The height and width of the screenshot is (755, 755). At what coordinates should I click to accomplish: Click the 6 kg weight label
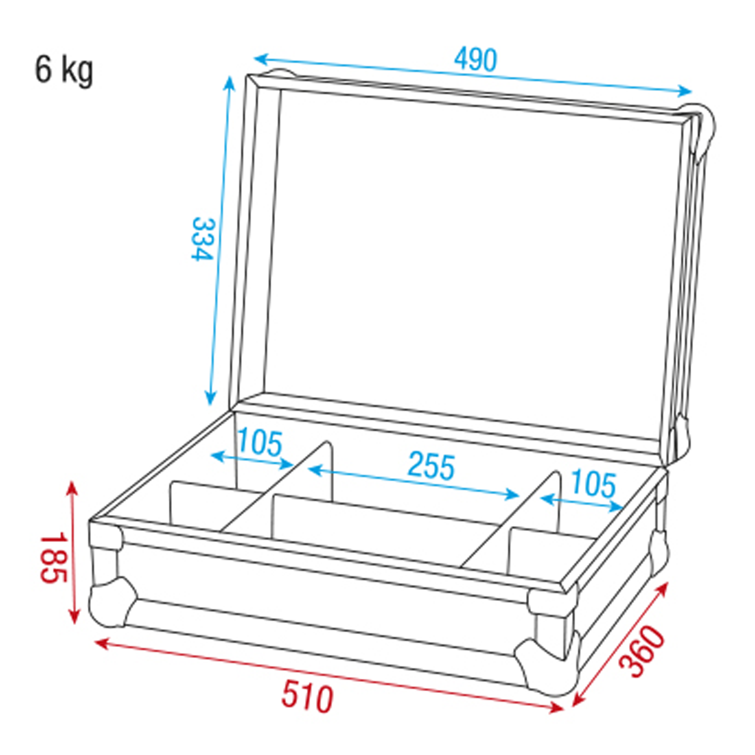point(64,71)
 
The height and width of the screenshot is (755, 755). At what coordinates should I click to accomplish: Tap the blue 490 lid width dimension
point(475,59)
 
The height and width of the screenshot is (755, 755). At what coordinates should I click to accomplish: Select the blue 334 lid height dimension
point(203,239)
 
